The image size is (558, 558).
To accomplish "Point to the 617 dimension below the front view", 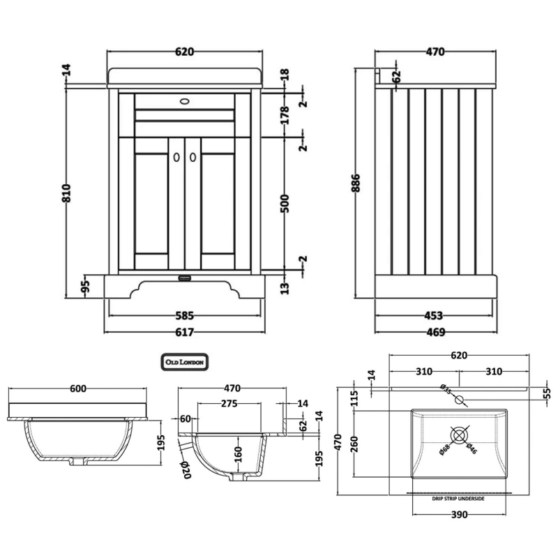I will pos(183,331).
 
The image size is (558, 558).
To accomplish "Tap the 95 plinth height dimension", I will pos(86,286).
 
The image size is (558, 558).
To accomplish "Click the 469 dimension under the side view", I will pos(435,331).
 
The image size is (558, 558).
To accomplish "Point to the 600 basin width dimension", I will pos(77,389).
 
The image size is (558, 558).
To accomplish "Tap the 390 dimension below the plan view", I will pos(458,515).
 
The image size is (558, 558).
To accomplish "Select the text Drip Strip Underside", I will pos(459,499).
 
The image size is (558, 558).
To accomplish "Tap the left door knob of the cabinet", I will pos(174,158).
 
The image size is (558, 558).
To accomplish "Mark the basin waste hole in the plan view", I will pos(459,435).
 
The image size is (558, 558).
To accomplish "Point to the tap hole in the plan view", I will pos(459,400).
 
